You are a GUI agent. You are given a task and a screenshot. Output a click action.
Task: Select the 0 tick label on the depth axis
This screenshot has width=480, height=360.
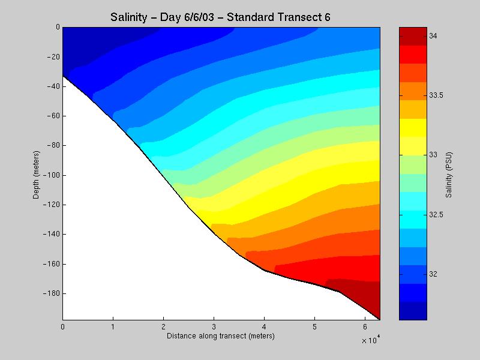57,27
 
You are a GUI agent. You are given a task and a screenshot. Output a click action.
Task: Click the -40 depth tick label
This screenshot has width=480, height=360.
52,86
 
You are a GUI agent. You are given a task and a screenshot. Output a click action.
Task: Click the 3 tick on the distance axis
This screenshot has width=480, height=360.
214,327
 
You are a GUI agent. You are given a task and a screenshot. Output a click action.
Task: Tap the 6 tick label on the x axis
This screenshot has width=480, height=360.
365,327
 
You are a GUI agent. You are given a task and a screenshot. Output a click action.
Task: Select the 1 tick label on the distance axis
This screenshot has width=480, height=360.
113,327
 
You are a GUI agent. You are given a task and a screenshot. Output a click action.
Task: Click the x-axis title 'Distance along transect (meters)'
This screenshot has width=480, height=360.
220,335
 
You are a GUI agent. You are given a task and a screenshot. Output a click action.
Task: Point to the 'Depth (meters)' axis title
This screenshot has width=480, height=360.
37,173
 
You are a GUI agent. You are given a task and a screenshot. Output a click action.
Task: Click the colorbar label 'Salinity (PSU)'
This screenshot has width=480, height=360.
449,173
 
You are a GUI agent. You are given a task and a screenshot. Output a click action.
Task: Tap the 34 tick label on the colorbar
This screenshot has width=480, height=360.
433,37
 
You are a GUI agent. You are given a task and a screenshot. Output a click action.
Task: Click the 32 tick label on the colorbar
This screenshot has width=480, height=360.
433,274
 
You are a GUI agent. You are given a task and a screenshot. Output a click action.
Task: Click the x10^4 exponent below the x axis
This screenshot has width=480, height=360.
371,340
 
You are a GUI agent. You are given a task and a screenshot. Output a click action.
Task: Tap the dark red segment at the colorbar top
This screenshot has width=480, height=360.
413,35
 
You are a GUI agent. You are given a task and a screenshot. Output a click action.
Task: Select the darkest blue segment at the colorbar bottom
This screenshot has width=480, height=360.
413,311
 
